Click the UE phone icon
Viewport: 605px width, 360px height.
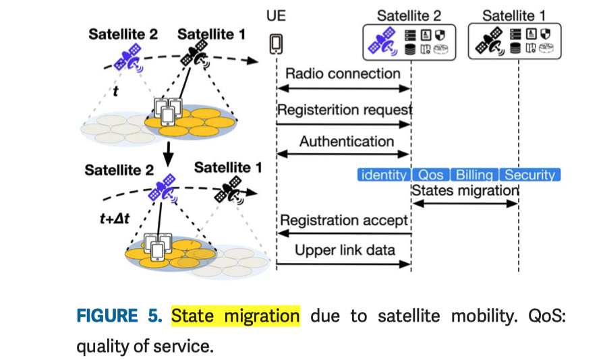pyautogui.click(x=276, y=44)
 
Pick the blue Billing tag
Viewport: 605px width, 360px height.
pyautogui.click(x=474, y=175)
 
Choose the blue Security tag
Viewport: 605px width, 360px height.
pyautogui.click(x=529, y=175)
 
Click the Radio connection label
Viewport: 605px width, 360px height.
pyautogui.click(x=343, y=73)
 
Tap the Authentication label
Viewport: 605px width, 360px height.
pyautogui.click(x=347, y=142)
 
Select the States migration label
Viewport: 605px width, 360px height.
pyautogui.click(x=465, y=190)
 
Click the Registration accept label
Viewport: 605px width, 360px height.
pyautogui.click(x=344, y=220)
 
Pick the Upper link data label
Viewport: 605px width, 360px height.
pyautogui.click(x=345, y=251)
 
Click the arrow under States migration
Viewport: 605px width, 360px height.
pyautogui.click(x=465, y=202)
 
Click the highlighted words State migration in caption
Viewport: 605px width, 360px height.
pyautogui.click(x=235, y=316)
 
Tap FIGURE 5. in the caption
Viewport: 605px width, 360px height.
pyautogui.click(x=120, y=316)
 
